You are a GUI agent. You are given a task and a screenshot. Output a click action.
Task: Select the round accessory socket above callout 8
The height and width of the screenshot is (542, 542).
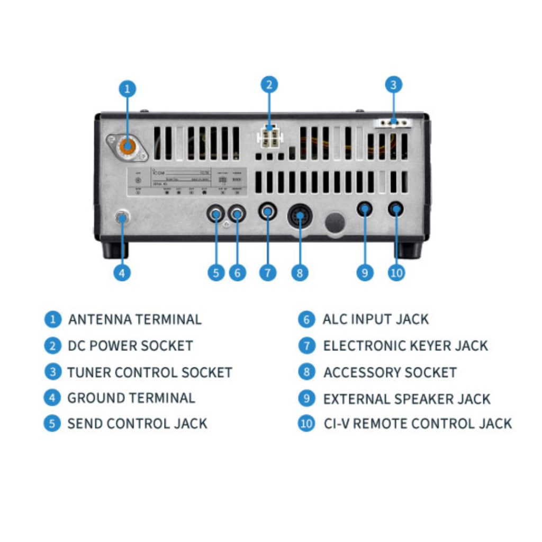[300, 216]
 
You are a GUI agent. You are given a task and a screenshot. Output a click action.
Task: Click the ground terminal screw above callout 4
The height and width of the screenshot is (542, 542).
[122, 217]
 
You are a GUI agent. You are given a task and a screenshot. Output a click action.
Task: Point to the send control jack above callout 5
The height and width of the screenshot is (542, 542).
[216, 214]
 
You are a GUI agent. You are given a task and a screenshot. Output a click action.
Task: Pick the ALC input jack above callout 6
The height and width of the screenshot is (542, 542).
[237, 214]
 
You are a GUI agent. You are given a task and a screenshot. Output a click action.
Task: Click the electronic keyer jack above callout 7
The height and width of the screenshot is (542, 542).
[268, 212]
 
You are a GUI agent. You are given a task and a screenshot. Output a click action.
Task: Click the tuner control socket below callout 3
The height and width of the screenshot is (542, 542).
[393, 123]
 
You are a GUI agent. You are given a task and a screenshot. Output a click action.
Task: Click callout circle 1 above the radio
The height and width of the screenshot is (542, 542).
[127, 88]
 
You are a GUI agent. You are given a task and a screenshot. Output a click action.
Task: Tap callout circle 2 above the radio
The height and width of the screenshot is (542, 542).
[269, 85]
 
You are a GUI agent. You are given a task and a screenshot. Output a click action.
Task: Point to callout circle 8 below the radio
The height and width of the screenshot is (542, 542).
[300, 273]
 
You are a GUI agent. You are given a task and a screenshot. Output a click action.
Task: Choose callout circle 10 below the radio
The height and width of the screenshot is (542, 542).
[396, 273]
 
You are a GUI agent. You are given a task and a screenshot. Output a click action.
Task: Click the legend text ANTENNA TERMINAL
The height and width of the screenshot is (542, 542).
[135, 320]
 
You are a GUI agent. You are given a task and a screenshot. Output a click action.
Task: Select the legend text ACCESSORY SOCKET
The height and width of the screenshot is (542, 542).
[390, 372]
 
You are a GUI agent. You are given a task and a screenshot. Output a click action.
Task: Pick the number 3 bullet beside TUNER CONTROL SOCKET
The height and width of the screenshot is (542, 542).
[52, 372]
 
